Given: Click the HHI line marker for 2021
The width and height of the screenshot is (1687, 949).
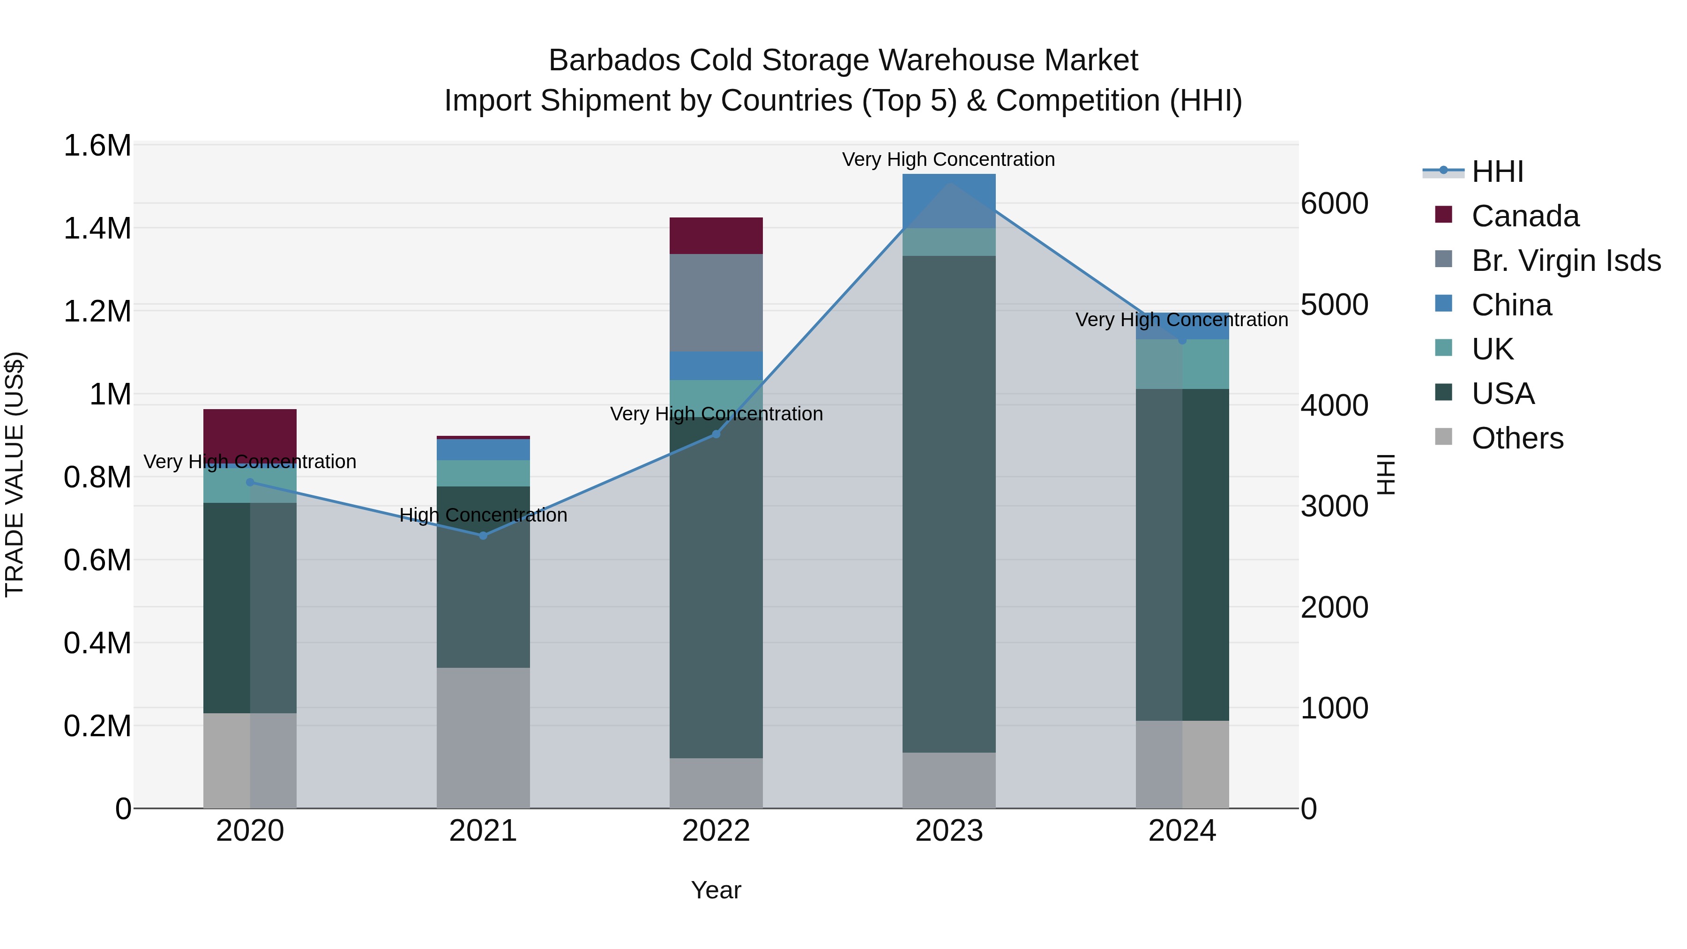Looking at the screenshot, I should pyautogui.click(x=483, y=535).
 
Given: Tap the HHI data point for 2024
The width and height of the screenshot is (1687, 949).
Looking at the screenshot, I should pyautogui.click(x=1182, y=341).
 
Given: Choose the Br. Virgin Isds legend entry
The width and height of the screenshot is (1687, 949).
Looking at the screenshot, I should pyautogui.click(x=1565, y=261).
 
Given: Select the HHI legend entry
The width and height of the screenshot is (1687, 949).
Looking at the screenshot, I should pyautogui.click(x=1497, y=172).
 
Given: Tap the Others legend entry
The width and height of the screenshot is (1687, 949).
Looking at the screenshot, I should pyautogui.click(x=1517, y=438).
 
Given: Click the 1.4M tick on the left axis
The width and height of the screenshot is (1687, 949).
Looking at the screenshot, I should pyautogui.click(x=97, y=229).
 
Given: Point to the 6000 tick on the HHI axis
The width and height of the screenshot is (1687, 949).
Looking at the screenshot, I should pyautogui.click(x=1334, y=204).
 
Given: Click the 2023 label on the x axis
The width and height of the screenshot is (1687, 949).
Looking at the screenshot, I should pyautogui.click(x=949, y=831).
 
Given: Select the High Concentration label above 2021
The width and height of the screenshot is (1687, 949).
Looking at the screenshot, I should pyautogui.click(x=483, y=516).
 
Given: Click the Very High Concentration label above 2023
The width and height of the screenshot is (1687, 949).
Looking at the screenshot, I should pyautogui.click(x=948, y=159).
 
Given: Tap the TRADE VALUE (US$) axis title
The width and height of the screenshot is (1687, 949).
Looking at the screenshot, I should pyautogui.click(x=15, y=474).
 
